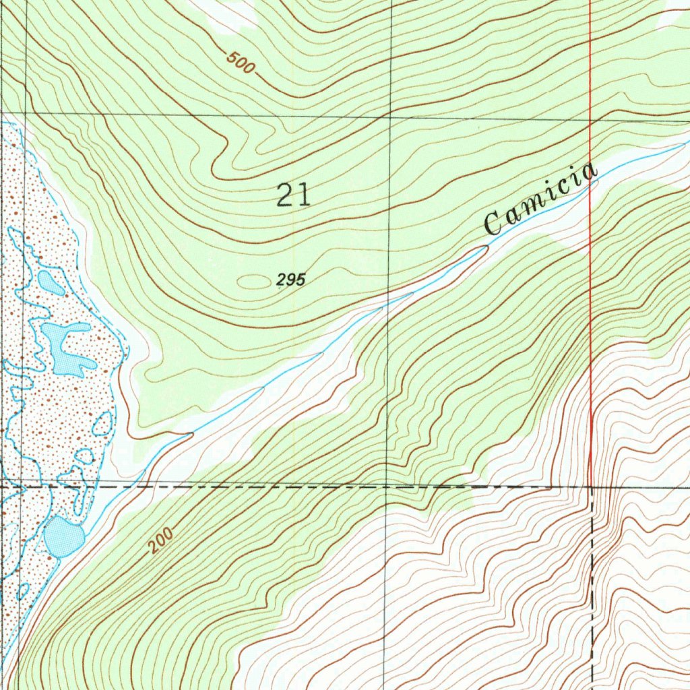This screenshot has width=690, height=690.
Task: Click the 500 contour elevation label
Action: pyautogui.click(x=241, y=63)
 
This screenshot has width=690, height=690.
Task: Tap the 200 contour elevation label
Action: pyautogui.click(x=162, y=540)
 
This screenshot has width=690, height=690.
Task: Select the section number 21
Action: pyautogui.click(x=294, y=195)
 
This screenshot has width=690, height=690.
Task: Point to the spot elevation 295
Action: pyautogui.click(x=291, y=280)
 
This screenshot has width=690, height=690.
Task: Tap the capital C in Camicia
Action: pyautogui.click(x=494, y=224)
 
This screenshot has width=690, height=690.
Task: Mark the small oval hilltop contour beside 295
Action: pyautogui.click(x=253, y=281)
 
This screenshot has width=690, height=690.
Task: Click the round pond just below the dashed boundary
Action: pyautogui.click(x=63, y=536)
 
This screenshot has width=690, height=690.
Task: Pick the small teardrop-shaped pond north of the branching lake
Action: pyautogui.click(x=51, y=283)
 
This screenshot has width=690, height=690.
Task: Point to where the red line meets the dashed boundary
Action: pyautogui.click(x=591, y=486)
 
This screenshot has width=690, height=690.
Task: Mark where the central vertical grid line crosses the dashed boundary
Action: pyautogui.click(x=386, y=485)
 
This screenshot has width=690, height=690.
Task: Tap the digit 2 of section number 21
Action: pyautogui.click(x=285, y=195)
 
